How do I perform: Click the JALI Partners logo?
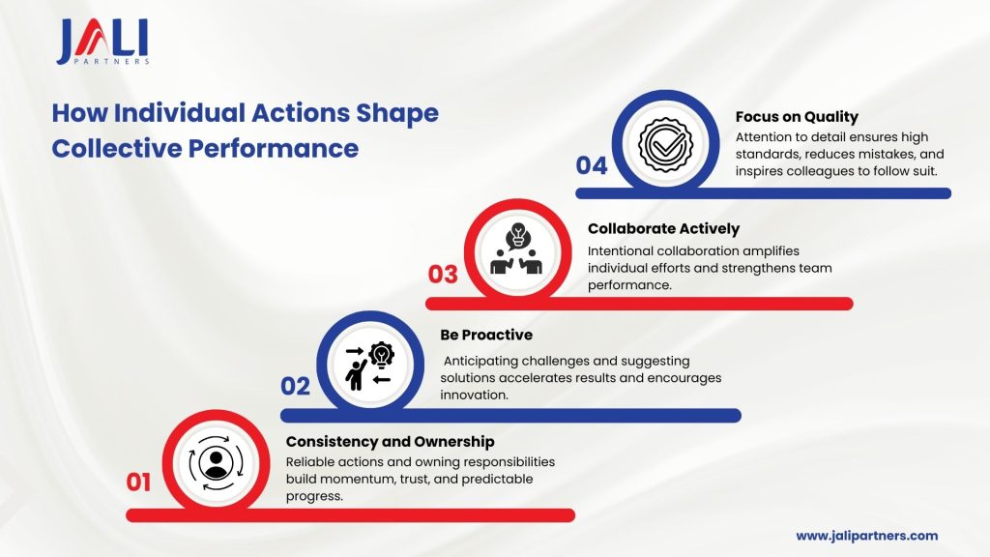tap(102, 42)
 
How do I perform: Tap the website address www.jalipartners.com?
tap(867, 536)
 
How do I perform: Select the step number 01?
tap(138, 482)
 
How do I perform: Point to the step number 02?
tap(295, 386)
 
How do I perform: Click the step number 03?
tap(443, 274)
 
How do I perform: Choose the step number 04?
tap(592, 165)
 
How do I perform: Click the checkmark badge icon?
tap(665, 144)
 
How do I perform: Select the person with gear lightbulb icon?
tap(370, 365)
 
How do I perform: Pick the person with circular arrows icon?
tap(216, 463)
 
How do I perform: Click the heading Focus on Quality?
tap(797, 117)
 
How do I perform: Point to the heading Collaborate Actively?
tap(663, 228)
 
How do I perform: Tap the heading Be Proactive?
tap(486, 335)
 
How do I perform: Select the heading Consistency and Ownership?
tap(391, 441)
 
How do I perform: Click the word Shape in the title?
tap(397, 114)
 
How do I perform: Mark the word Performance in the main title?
tap(274, 148)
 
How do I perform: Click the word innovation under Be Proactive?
tap(474, 395)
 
